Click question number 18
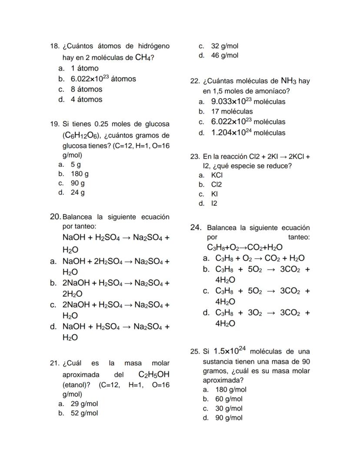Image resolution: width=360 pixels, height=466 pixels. [x=54, y=46]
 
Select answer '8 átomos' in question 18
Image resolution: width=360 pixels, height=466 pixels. [x=87, y=89]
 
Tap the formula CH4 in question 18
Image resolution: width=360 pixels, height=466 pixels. [x=143, y=57]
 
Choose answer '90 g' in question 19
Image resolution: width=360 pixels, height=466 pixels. [x=78, y=183]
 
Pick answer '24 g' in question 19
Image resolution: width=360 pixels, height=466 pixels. [x=78, y=192]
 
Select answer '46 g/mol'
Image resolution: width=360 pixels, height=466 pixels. [x=224, y=55]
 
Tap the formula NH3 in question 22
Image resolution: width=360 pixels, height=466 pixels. [x=288, y=81]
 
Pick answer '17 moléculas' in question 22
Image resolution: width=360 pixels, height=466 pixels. [x=232, y=111]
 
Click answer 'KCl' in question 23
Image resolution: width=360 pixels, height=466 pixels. [x=217, y=175]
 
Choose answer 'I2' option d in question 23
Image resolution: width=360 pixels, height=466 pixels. [x=214, y=203]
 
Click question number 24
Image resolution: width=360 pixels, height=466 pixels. [x=196, y=227]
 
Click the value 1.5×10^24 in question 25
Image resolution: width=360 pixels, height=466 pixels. [x=230, y=351]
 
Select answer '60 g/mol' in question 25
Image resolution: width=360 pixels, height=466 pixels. [x=229, y=399]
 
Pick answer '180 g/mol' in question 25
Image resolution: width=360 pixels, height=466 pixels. [x=230, y=389]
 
